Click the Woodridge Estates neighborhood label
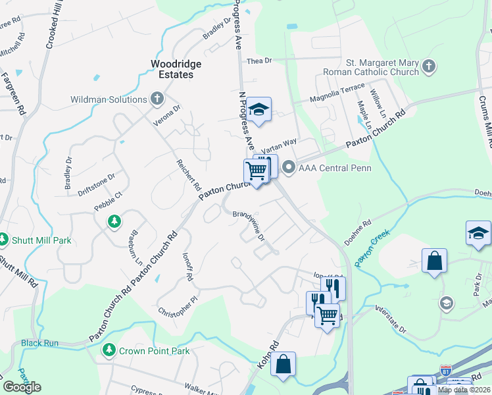tap(172, 68)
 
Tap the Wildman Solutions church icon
tap(157, 99)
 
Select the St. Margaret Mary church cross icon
tap(429, 66)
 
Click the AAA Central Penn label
tap(335, 168)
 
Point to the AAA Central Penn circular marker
tap(289, 169)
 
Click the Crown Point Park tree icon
tap(109, 351)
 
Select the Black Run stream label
tap(39, 343)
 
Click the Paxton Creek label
tap(372, 248)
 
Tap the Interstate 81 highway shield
tap(447, 371)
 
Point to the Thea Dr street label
tap(259, 61)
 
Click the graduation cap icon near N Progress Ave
tap(260, 110)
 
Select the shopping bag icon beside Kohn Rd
tap(283, 364)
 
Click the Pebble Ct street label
tap(109, 196)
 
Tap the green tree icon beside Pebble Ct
tap(115, 221)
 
